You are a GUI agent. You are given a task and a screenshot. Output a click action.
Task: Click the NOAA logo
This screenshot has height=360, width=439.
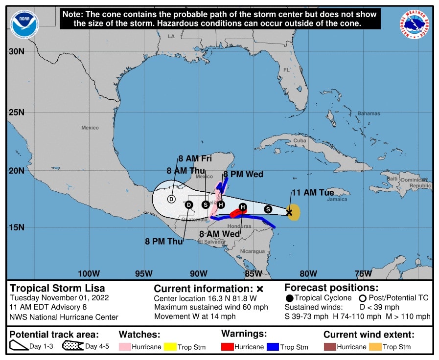pos(24,24)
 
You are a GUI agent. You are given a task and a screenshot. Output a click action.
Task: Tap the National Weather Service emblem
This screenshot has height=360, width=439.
pos(416,24)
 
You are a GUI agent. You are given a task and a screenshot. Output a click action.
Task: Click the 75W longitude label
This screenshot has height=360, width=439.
pos(363,273)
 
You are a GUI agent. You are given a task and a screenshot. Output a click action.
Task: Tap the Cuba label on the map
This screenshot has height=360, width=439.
pos(299,141)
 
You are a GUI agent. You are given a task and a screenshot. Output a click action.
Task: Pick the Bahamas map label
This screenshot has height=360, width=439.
pos(368,113)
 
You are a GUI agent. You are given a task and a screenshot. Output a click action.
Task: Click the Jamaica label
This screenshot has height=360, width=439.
pos(337,199)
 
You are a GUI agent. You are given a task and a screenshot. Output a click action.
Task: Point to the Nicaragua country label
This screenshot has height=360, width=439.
pos(252,251)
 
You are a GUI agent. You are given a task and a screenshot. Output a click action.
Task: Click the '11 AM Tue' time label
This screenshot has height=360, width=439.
pos(313,193)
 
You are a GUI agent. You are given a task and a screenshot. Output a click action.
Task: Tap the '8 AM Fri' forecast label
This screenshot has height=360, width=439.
pos(195,158)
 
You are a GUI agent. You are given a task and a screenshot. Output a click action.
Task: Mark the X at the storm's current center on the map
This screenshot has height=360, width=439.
pos(289,212)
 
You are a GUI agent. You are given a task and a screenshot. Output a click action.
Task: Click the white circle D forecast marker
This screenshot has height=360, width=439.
pos(171,199)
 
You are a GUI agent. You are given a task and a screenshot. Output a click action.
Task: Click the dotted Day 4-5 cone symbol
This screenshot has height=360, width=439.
pos(73,347)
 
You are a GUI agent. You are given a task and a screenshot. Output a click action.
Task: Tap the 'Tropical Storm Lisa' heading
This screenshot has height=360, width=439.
pos(58,288)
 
